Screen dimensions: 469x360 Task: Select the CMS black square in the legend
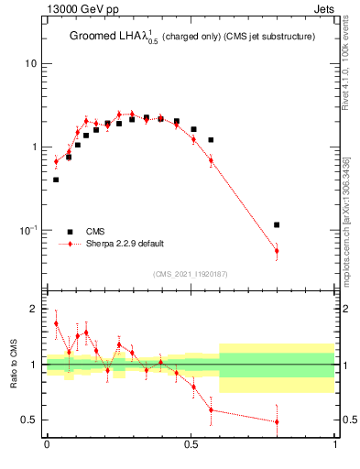[70, 232]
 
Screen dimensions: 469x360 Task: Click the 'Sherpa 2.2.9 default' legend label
[126, 244]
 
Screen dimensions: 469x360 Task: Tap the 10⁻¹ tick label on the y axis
[27, 229]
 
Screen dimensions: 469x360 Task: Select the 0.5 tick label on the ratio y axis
[29, 420]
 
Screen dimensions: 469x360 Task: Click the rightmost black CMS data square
[277, 224]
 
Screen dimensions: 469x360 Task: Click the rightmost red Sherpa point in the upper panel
[277, 250]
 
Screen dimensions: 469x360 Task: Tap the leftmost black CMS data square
[56, 180]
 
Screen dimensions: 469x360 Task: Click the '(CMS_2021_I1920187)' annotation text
[191, 274]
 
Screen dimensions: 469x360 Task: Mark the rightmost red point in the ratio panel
[277, 422]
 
